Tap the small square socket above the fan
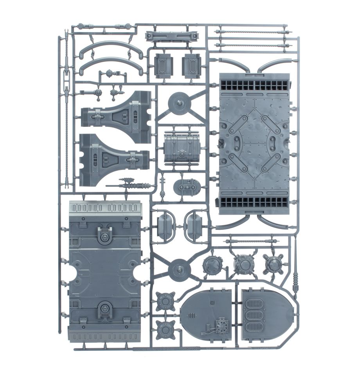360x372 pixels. (212, 302)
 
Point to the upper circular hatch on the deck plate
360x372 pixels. (105, 237)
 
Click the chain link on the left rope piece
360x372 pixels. (67, 74)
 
